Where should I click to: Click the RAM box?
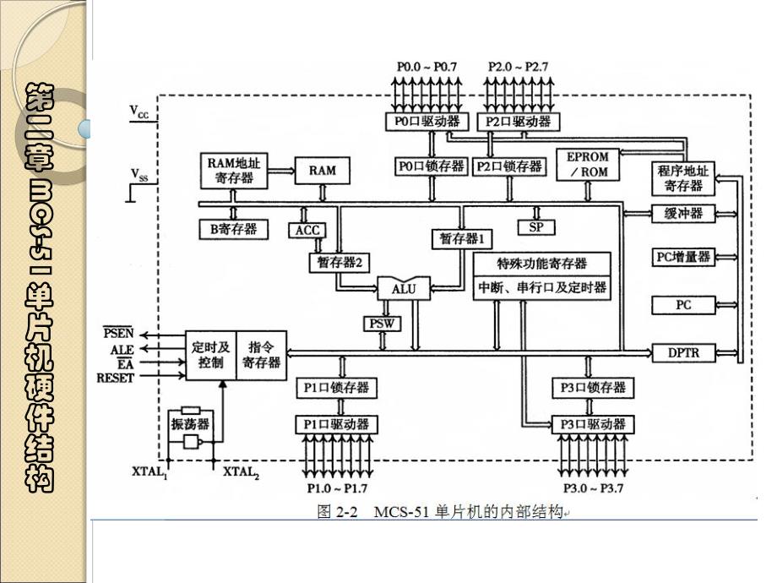click(322, 170)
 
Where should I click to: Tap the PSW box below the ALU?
click(382, 323)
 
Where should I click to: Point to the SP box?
click(535, 227)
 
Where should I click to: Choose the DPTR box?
click(683, 351)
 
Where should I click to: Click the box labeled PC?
click(683, 304)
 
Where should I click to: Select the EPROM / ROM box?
click(589, 165)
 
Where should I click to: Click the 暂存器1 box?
click(461, 238)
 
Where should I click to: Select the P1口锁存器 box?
click(336, 388)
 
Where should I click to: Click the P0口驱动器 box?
click(429, 122)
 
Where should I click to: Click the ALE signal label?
click(122, 349)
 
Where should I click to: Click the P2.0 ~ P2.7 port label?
click(519, 66)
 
